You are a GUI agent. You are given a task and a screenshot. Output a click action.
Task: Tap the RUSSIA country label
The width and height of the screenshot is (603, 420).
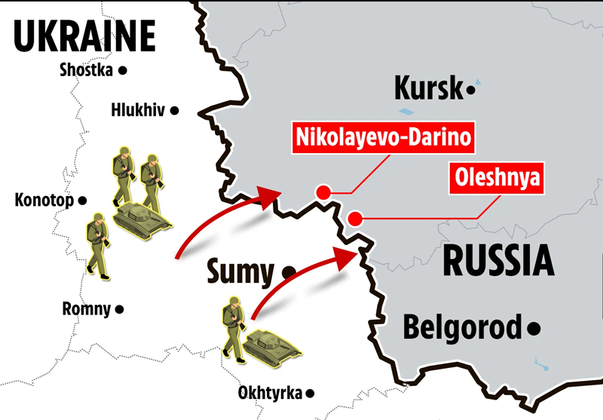497,260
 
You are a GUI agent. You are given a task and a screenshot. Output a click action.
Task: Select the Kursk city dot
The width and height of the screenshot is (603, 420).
471,90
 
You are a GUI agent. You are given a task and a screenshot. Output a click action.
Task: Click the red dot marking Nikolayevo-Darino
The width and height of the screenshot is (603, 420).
323,192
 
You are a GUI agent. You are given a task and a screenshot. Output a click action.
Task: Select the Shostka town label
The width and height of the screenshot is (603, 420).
85,70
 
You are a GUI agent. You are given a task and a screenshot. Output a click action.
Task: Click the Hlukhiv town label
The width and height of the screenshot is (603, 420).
137,110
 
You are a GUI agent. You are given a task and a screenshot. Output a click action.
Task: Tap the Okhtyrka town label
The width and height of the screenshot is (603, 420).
269,393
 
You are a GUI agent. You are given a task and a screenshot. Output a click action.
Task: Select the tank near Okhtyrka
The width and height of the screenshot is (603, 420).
271,345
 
